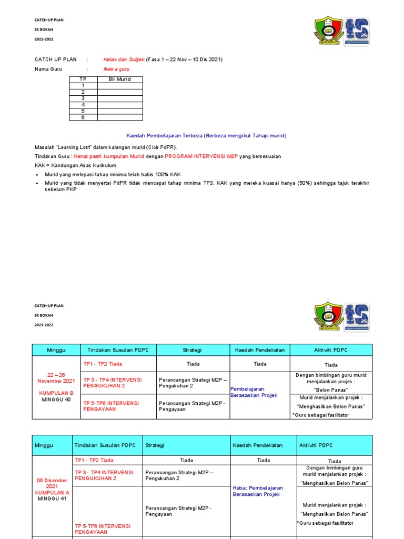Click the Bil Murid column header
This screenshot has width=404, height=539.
click(x=119, y=79)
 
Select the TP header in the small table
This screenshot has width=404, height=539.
click(x=83, y=79)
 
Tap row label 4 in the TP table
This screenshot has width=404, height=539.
click(x=83, y=105)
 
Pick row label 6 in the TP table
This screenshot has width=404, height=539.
click(x=83, y=117)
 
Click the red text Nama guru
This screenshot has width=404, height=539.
click(x=116, y=69)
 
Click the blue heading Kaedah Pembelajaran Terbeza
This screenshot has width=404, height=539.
click(x=207, y=135)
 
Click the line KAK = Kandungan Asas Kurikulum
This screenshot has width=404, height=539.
click(x=70, y=165)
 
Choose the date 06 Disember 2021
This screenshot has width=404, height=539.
click(x=53, y=483)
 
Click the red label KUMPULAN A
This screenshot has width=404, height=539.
click(x=53, y=492)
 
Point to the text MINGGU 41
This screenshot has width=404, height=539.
click(x=53, y=498)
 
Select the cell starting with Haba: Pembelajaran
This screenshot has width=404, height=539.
click(x=258, y=491)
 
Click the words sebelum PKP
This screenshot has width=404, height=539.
click(x=60, y=189)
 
